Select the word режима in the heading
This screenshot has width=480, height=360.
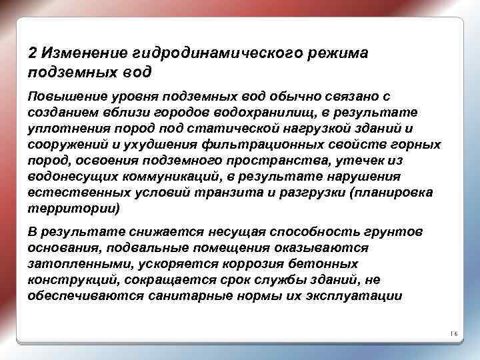[x=341, y=53]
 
